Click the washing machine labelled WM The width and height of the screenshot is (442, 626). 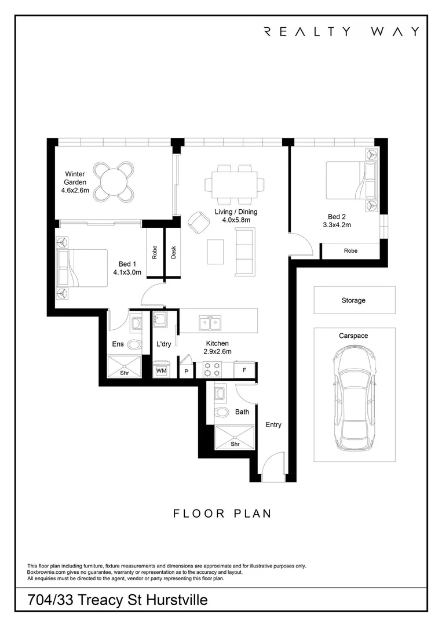[161, 369]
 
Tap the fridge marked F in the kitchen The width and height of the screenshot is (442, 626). [244, 370]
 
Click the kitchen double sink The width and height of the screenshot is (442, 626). [210, 323]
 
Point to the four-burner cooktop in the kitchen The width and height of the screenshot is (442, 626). [212, 369]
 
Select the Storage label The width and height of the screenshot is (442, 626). [353, 300]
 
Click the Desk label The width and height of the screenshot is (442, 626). [174, 252]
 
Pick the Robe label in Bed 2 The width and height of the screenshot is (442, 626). [350, 251]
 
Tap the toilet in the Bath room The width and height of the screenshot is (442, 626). [222, 412]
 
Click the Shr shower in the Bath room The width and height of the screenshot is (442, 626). [235, 438]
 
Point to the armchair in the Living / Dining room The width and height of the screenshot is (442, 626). [199, 223]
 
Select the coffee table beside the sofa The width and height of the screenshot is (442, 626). [215, 252]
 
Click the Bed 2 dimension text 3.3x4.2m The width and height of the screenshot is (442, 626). [337, 225]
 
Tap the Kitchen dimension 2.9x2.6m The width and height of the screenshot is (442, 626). [217, 351]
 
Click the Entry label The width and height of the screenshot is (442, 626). [273, 425]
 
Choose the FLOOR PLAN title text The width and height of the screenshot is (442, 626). [222, 514]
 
